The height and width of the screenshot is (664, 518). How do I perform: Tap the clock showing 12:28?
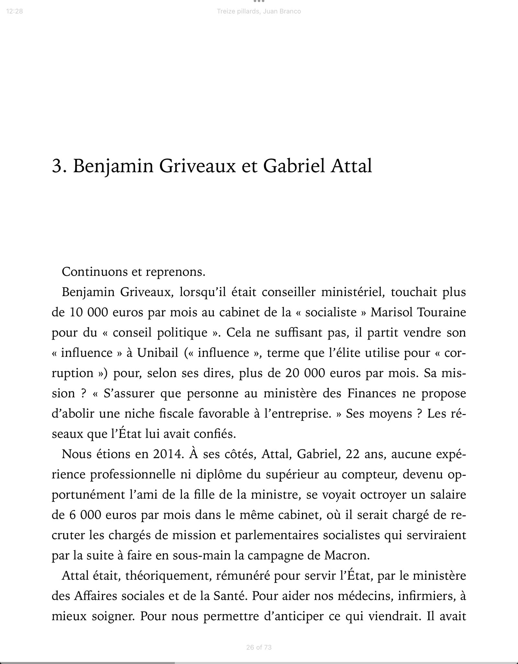[14, 11]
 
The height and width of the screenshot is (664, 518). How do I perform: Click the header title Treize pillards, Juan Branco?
[259, 11]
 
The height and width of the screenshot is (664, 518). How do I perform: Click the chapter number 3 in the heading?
[57, 166]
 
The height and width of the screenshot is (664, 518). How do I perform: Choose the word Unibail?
[158, 352]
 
